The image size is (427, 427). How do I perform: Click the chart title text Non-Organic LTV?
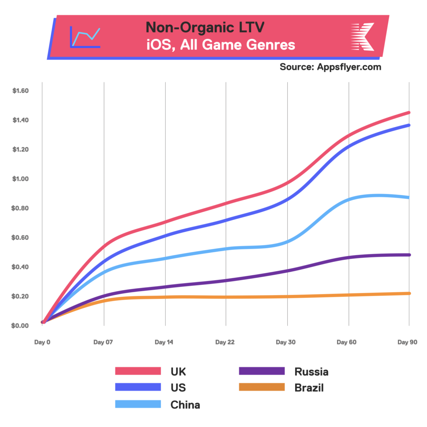(205, 28)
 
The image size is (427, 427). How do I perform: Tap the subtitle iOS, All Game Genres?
(221, 45)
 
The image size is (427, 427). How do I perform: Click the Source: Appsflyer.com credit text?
(330, 67)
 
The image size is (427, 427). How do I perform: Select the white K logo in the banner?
(362, 37)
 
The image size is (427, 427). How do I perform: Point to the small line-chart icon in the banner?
(85, 37)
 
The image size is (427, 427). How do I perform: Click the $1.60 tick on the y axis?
(20, 91)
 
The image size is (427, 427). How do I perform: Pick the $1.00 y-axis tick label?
(20, 179)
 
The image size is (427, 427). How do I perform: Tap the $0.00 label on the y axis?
(20, 326)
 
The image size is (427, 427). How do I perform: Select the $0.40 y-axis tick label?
(20, 267)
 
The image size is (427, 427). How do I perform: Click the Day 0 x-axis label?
(42, 342)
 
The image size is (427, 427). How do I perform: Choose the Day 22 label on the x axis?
(225, 342)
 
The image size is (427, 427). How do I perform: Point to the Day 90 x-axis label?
(407, 342)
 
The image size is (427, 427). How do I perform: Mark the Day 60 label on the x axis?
(347, 342)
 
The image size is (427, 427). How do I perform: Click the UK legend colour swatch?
(138, 371)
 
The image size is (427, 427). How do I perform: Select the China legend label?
(185, 404)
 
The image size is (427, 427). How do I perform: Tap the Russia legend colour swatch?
(261, 371)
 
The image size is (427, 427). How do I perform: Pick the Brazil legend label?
(309, 388)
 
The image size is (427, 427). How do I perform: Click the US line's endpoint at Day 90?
(409, 125)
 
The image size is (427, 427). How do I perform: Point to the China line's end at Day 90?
(409, 197)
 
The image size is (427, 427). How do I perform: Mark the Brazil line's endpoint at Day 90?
(409, 294)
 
